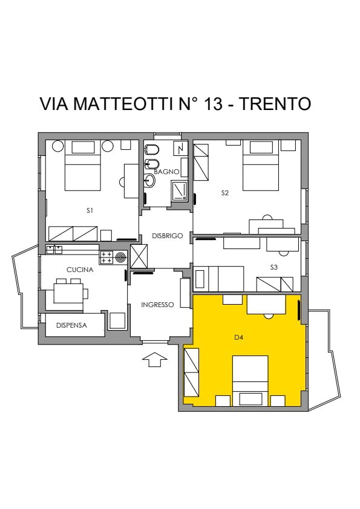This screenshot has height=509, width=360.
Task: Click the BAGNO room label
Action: coord(166,172)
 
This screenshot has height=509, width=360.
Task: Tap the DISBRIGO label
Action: coord(168,236)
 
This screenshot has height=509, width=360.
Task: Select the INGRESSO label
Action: coord(157,305)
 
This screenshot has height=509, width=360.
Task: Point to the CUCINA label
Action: coord(80,270)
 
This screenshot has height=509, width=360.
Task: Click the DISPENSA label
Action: coord(71,325)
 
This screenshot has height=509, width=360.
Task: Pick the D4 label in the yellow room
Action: coord(239,337)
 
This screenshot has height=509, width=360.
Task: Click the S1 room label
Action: coord(90,210)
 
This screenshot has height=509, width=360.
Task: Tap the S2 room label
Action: coord(225,193)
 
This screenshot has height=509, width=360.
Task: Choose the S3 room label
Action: coord(274,267)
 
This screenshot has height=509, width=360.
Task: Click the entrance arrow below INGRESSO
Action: coord(155,360)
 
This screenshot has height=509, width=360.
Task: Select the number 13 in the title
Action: coord(213,103)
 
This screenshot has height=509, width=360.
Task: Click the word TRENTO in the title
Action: coord(275,103)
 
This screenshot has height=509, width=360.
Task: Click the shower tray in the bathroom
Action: coord(179,190)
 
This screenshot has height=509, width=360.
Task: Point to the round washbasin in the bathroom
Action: coord(149,181)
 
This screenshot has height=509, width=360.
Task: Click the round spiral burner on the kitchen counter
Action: coord(121,258)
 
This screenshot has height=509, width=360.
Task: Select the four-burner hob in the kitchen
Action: coord(106,258)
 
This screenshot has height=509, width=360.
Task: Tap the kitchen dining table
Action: coord(68,293)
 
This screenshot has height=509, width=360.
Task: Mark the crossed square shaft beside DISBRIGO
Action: coord(139,256)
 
